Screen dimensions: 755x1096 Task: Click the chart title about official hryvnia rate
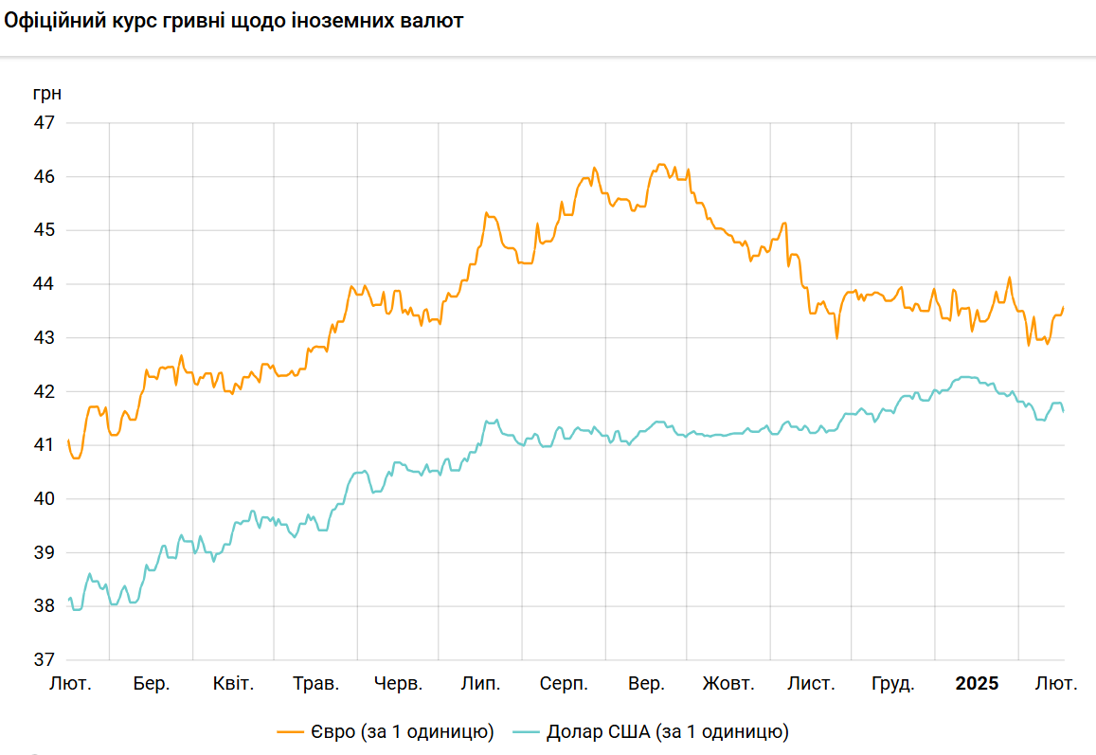click(234, 21)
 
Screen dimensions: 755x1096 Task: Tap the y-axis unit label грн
click(46, 94)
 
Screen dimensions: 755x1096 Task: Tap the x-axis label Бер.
click(152, 684)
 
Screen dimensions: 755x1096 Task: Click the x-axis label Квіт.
click(233, 684)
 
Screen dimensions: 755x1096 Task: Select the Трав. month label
click(316, 684)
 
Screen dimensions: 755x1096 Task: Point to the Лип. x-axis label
click(480, 684)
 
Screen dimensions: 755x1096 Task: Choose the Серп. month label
click(564, 684)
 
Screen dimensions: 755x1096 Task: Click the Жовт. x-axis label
click(728, 684)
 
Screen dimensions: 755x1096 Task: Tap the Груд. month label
click(892, 684)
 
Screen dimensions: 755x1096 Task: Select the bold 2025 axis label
click(976, 684)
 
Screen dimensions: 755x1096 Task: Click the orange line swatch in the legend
click(289, 732)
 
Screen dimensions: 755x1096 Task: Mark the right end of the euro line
click(1064, 307)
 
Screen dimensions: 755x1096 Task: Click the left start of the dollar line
click(69, 599)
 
